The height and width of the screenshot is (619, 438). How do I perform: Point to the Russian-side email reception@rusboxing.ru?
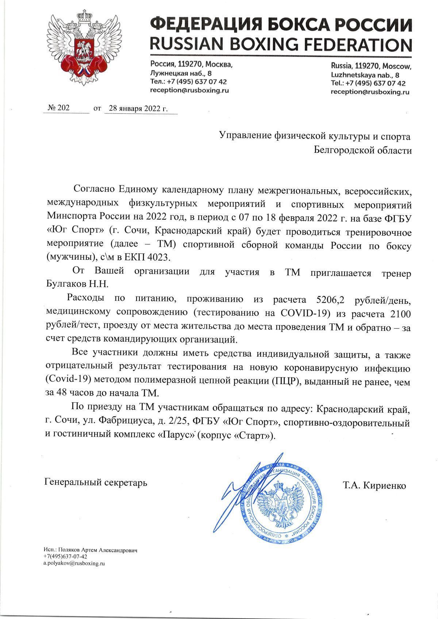pos(189,90)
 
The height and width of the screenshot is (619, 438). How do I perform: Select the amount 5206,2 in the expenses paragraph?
pos(327,301)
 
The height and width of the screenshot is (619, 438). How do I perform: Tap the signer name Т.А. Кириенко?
pos(374,485)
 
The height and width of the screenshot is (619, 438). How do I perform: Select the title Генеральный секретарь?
pos(96,483)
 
